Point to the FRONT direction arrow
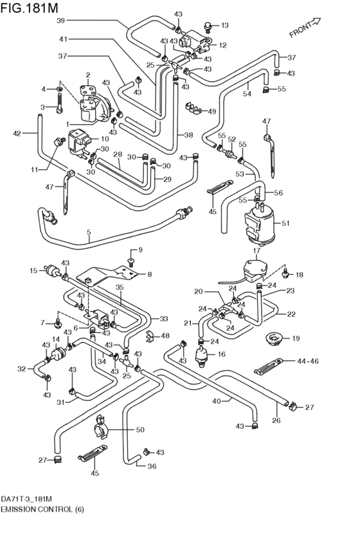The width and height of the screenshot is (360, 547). pos(305,28)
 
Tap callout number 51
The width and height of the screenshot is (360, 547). pos(285,224)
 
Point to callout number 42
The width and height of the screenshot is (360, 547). pos(17,134)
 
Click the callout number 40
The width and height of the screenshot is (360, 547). pos(217,401)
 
